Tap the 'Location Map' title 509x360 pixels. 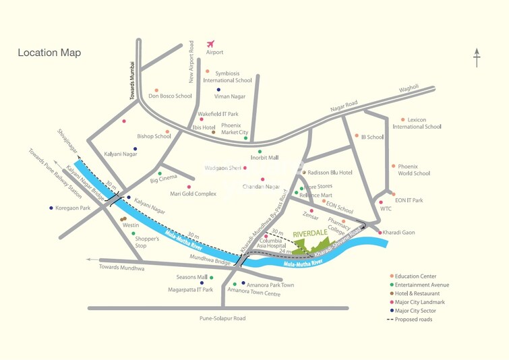(49, 53)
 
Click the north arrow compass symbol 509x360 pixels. (477, 58)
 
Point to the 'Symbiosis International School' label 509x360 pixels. (228, 76)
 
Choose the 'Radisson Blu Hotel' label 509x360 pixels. (330, 173)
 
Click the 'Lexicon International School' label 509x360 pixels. (417, 123)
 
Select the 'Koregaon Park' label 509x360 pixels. (73, 208)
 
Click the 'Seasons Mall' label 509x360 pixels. (192, 277)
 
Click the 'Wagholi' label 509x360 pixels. (409, 87)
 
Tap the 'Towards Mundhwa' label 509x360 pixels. (121, 268)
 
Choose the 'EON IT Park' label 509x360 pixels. (409, 200)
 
